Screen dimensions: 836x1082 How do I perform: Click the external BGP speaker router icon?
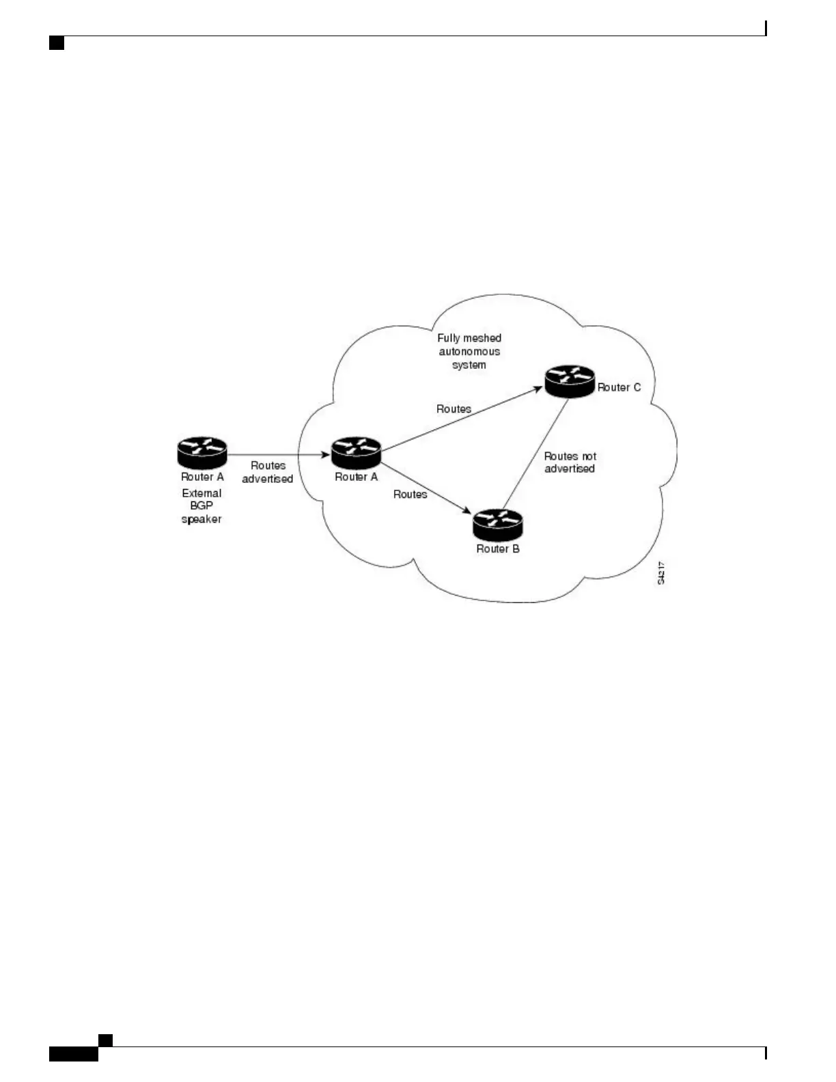point(201,452)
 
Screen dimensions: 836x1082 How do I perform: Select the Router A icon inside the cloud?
point(356,452)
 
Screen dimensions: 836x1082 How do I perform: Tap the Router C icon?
point(570,380)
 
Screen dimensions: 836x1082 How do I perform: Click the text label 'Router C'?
point(619,387)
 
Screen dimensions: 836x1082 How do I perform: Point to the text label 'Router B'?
point(498,549)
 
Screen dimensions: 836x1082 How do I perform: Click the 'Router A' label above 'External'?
point(202,477)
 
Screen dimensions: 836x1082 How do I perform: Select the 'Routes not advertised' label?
point(570,462)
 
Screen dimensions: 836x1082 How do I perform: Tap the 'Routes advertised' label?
point(268,472)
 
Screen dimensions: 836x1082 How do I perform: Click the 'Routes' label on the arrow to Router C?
point(454,409)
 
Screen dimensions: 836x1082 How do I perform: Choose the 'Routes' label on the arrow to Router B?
point(410,494)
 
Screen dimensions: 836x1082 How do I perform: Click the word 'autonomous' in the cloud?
point(469,352)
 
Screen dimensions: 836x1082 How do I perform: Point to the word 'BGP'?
point(201,505)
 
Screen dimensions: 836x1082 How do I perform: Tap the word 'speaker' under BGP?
point(201,519)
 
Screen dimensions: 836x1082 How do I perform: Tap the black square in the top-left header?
point(57,44)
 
